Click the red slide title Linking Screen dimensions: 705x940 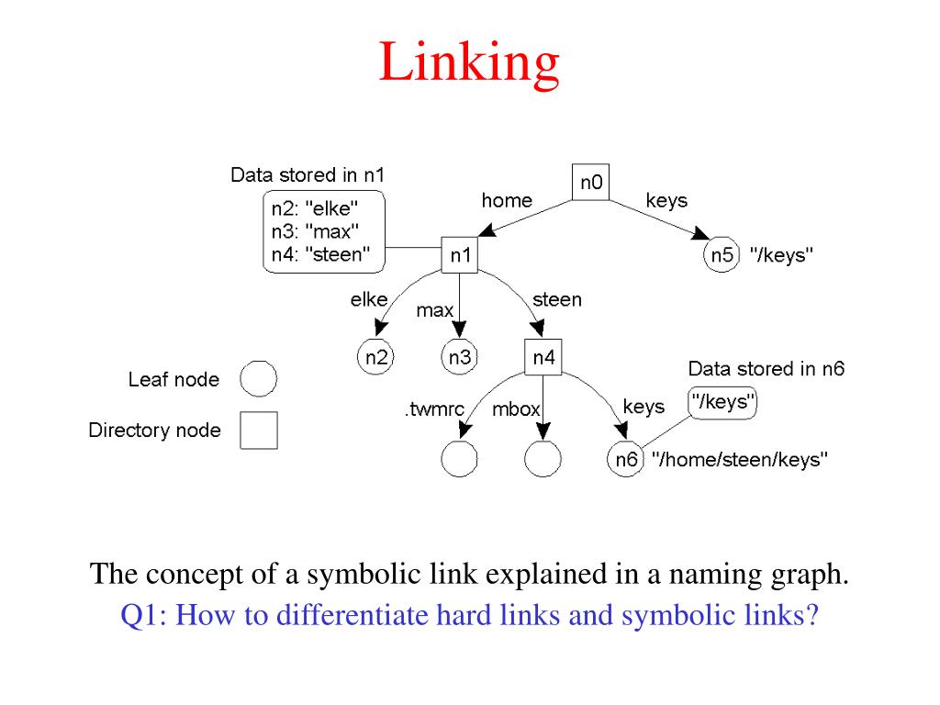click(469, 63)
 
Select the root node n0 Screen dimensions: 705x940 click(590, 183)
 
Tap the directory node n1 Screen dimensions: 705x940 click(459, 256)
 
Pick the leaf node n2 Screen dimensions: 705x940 click(375, 358)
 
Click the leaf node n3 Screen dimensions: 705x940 click(459, 358)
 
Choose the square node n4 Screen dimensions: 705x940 click(543, 358)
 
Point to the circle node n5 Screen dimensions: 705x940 click(722, 255)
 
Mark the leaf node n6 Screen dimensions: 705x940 click(626, 459)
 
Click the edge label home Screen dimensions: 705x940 click(507, 200)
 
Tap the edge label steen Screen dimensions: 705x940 click(556, 299)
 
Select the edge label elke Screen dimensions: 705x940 click(369, 299)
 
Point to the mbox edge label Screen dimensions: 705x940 click(516, 409)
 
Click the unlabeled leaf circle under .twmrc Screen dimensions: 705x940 click(459, 459)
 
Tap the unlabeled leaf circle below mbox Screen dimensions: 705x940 click(543, 459)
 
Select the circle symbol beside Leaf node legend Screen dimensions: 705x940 click(258, 379)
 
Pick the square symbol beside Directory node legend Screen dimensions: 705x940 click(258, 430)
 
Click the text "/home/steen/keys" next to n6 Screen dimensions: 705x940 click(740, 459)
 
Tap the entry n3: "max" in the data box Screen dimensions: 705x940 click(315, 230)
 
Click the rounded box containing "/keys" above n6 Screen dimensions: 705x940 click(723, 403)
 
